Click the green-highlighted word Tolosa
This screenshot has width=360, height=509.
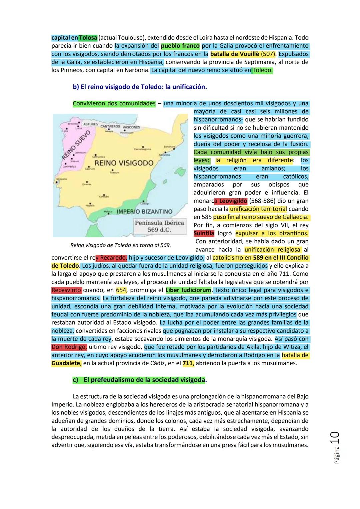pos(88,38)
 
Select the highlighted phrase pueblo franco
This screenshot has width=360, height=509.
pos(180,46)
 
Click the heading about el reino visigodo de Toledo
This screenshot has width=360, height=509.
pos(140,87)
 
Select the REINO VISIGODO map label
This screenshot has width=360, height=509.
pos(124,163)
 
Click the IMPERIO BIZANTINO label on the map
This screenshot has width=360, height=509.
pos(144,212)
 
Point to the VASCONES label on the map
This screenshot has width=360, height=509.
pos(131,127)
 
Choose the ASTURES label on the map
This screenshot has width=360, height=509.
pos(90,124)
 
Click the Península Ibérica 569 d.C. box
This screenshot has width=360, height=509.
pos(159,226)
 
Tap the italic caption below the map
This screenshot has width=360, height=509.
pos(120,245)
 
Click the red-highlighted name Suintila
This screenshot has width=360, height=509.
pos(204,233)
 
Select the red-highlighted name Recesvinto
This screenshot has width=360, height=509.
pos(67,290)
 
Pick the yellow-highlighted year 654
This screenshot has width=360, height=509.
pos(121,290)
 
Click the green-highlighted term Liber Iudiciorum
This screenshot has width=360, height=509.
pos(188,290)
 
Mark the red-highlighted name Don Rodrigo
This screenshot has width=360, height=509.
pos(69,347)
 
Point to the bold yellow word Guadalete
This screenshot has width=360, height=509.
pos(66,363)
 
